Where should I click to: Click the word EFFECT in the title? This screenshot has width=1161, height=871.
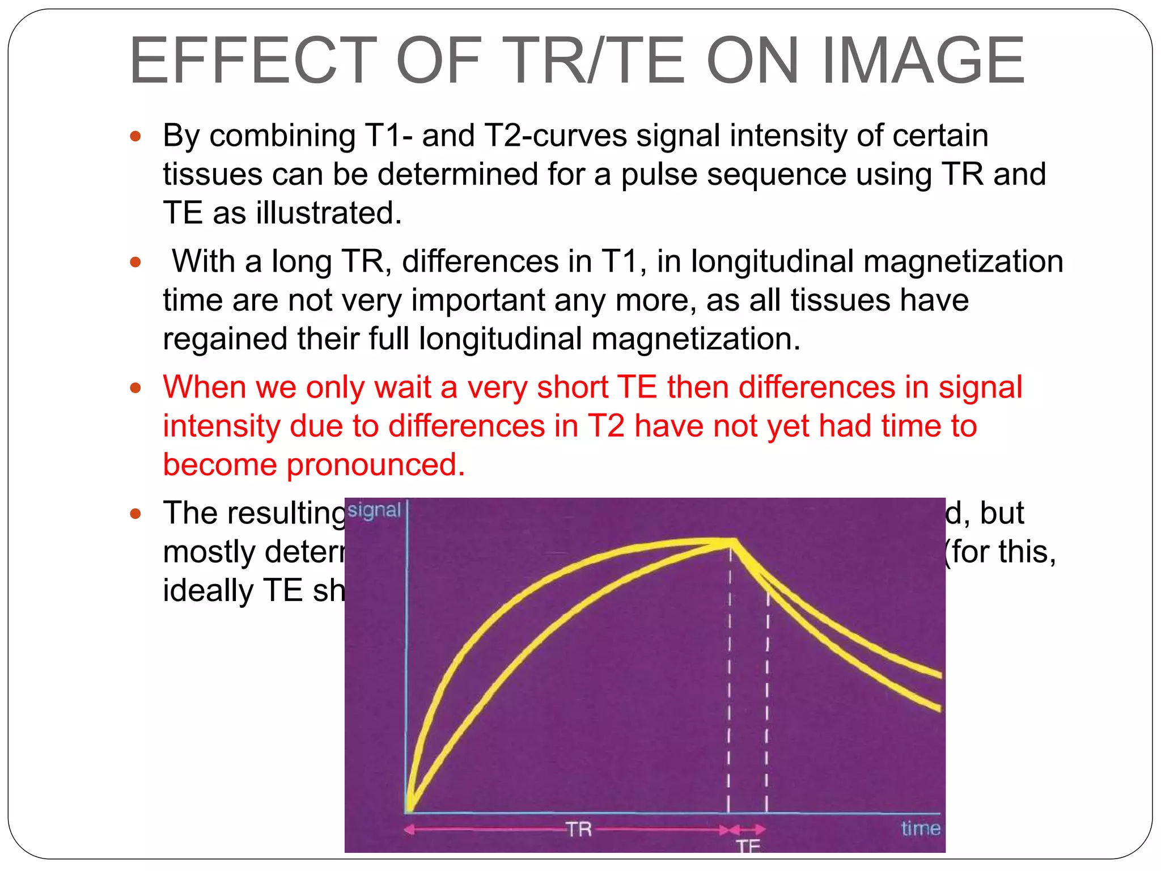(253, 61)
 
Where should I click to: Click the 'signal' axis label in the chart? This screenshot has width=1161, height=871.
(374, 510)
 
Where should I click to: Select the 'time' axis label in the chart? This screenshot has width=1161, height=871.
(920, 828)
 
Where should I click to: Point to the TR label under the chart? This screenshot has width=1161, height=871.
(579, 830)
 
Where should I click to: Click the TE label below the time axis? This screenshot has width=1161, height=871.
(748, 846)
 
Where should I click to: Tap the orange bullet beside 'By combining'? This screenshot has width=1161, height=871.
(135, 136)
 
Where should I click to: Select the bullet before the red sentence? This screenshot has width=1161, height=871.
(135, 388)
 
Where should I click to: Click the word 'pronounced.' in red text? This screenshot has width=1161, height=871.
(376, 464)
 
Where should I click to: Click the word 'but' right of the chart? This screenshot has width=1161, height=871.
(1002, 513)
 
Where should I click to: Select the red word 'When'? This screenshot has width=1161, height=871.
(205, 387)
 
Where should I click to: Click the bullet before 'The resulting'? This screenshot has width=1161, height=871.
(135, 514)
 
